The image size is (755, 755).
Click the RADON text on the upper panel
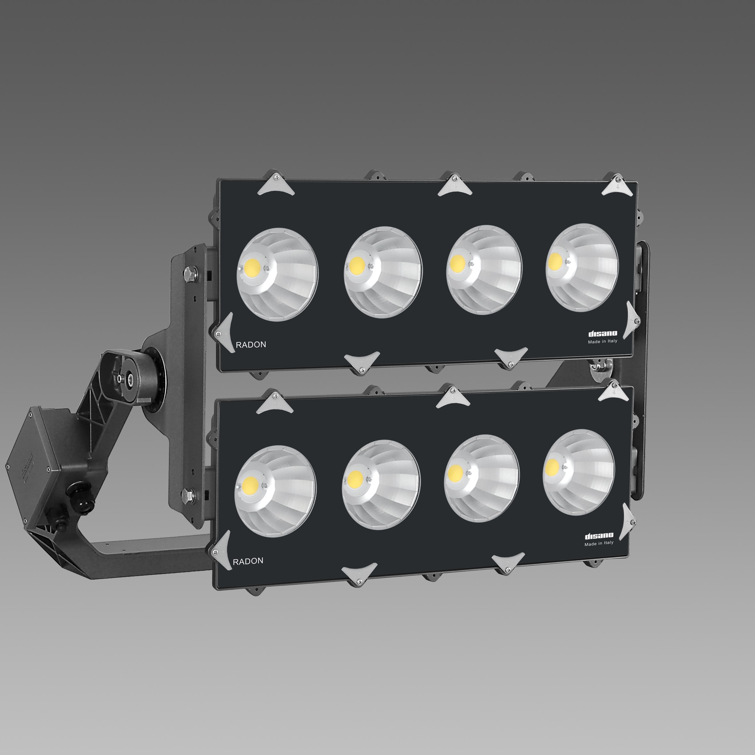point(251,345)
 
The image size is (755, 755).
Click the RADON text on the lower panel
point(248,561)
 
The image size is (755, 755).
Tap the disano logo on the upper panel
point(603,333)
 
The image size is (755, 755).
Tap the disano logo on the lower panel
point(599,535)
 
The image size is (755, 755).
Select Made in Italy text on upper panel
point(603,341)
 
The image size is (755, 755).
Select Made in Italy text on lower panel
point(599,543)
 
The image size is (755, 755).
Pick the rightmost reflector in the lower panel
point(578,471)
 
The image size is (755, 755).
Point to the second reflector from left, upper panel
point(383,272)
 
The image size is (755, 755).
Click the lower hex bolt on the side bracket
point(188,496)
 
